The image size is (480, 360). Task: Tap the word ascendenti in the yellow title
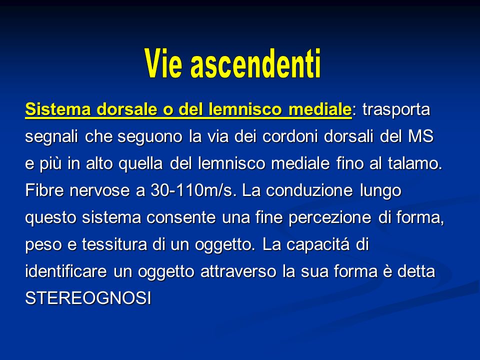coord(255,63)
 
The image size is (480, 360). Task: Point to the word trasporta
coord(396,110)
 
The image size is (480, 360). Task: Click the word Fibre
coord(44,190)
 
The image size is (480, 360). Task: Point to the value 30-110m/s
coord(193,190)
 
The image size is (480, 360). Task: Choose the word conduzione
coord(309,190)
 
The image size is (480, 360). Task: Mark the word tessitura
coord(114,244)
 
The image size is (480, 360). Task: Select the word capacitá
coord(318,245)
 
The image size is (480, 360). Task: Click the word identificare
coord(66,271)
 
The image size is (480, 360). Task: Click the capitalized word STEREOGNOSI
coord(88,298)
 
